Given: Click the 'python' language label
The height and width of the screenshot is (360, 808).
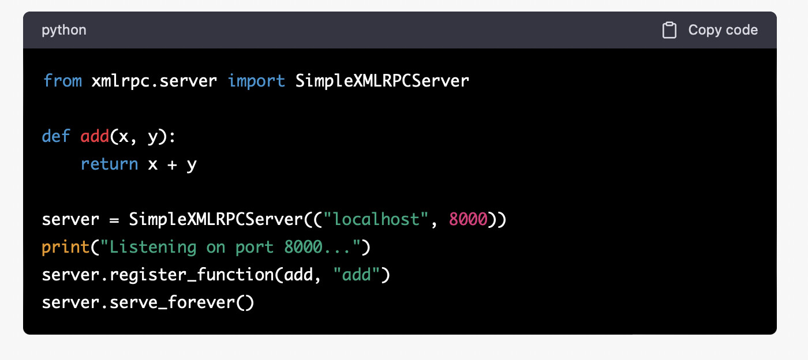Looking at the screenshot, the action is (64, 31).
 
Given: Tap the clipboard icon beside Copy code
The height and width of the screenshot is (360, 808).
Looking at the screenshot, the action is (669, 30).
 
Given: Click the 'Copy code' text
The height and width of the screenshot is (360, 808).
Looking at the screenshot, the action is (723, 30).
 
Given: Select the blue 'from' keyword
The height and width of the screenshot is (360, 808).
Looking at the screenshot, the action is (62, 80).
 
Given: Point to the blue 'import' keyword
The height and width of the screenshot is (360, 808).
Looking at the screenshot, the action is (256, 81).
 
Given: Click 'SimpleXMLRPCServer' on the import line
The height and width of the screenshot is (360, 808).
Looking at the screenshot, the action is (382, 81).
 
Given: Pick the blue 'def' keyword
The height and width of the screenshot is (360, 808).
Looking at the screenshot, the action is (56, 136).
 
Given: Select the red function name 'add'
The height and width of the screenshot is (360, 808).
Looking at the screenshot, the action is (95, 136).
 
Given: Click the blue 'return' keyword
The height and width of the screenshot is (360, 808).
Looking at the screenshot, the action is (109, 164).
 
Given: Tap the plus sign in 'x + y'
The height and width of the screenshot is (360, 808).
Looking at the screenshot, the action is (172, 165).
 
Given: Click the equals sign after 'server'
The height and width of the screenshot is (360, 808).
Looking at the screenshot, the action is (114, 220).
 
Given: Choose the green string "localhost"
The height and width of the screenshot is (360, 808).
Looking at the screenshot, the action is (376, 219).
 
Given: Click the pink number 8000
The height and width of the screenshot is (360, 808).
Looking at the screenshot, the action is (468, 219).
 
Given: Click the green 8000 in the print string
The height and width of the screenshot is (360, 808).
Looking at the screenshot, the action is (303, 247).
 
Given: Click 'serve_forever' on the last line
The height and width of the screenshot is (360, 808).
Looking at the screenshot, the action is (173, 303).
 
